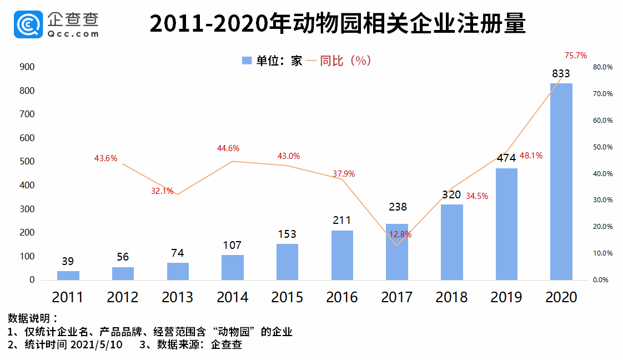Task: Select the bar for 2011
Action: (x=68, y=275)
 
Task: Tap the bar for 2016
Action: (x=342, y=255)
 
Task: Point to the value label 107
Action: (x=232, y=246)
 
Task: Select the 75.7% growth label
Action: (x=576, y=56)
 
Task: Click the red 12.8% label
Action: (x=400, y=234)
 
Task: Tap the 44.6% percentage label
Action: (x=228, y=148)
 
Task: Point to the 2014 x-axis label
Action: (x=232, y=297)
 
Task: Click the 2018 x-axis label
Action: (x=451, y=297)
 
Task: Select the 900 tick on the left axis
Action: (x=27, y=67)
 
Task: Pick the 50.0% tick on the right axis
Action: (x=602, y=147)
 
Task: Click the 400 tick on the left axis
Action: (x=27, y=186)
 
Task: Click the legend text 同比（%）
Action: (x=345, y=61)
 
